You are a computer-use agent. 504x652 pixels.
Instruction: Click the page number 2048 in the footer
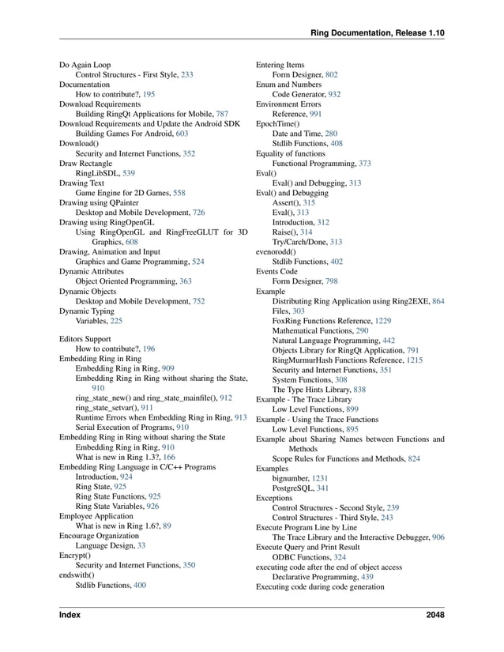(x=434, y=614)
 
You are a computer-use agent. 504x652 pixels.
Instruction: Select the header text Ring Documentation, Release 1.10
(x=378, y=32)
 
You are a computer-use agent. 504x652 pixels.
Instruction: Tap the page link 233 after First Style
(x=187, y=74)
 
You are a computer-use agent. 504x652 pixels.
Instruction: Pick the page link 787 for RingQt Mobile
(x=222, y=114)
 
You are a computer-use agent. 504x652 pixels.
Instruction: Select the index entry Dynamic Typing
(x=86, y=311)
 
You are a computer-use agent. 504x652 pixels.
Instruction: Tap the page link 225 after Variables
(x=116, y=322)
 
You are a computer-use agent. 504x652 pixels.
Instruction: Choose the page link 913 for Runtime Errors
(x=241, y=416)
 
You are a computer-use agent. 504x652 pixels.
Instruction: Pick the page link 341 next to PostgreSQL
(x=323, y=488)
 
